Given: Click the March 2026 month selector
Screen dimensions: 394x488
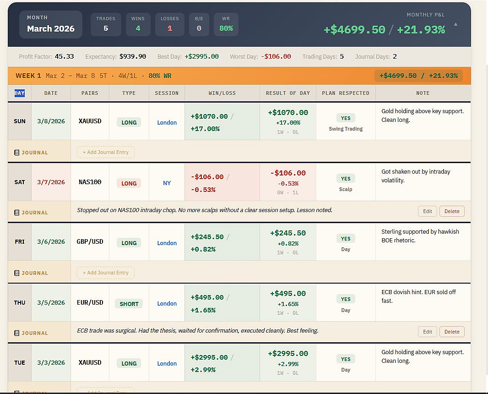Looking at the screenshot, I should point(51,24).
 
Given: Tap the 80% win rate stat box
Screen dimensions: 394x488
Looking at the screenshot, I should point(226,24).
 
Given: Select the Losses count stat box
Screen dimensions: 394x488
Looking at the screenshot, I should point(170,24).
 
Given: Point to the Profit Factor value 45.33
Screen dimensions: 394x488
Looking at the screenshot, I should point(65,57).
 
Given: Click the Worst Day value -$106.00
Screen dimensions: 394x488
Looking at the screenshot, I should point(276,57).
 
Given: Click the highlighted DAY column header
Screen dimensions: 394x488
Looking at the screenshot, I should point(20,93).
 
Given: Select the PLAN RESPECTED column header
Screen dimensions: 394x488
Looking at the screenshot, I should point(346,93).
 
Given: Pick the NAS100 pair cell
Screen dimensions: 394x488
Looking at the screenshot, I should point(90,182).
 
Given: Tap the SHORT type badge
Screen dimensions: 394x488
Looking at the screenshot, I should point(129,304).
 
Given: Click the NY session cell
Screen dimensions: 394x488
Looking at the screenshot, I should point(167,183).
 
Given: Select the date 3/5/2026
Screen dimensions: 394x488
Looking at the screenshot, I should point(51,303).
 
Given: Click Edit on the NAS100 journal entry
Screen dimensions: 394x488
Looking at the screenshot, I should point(427,211).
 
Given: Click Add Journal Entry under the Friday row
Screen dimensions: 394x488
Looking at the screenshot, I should point(106,273).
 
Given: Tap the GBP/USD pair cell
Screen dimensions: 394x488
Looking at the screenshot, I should point(90,242).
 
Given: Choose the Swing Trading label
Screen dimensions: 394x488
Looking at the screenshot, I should point(346,129).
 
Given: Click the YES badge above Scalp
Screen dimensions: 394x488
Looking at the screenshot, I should point(346,179).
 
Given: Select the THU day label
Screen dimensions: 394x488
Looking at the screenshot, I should point(20,303).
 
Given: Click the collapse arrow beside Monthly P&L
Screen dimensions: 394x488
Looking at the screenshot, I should point(455,24).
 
